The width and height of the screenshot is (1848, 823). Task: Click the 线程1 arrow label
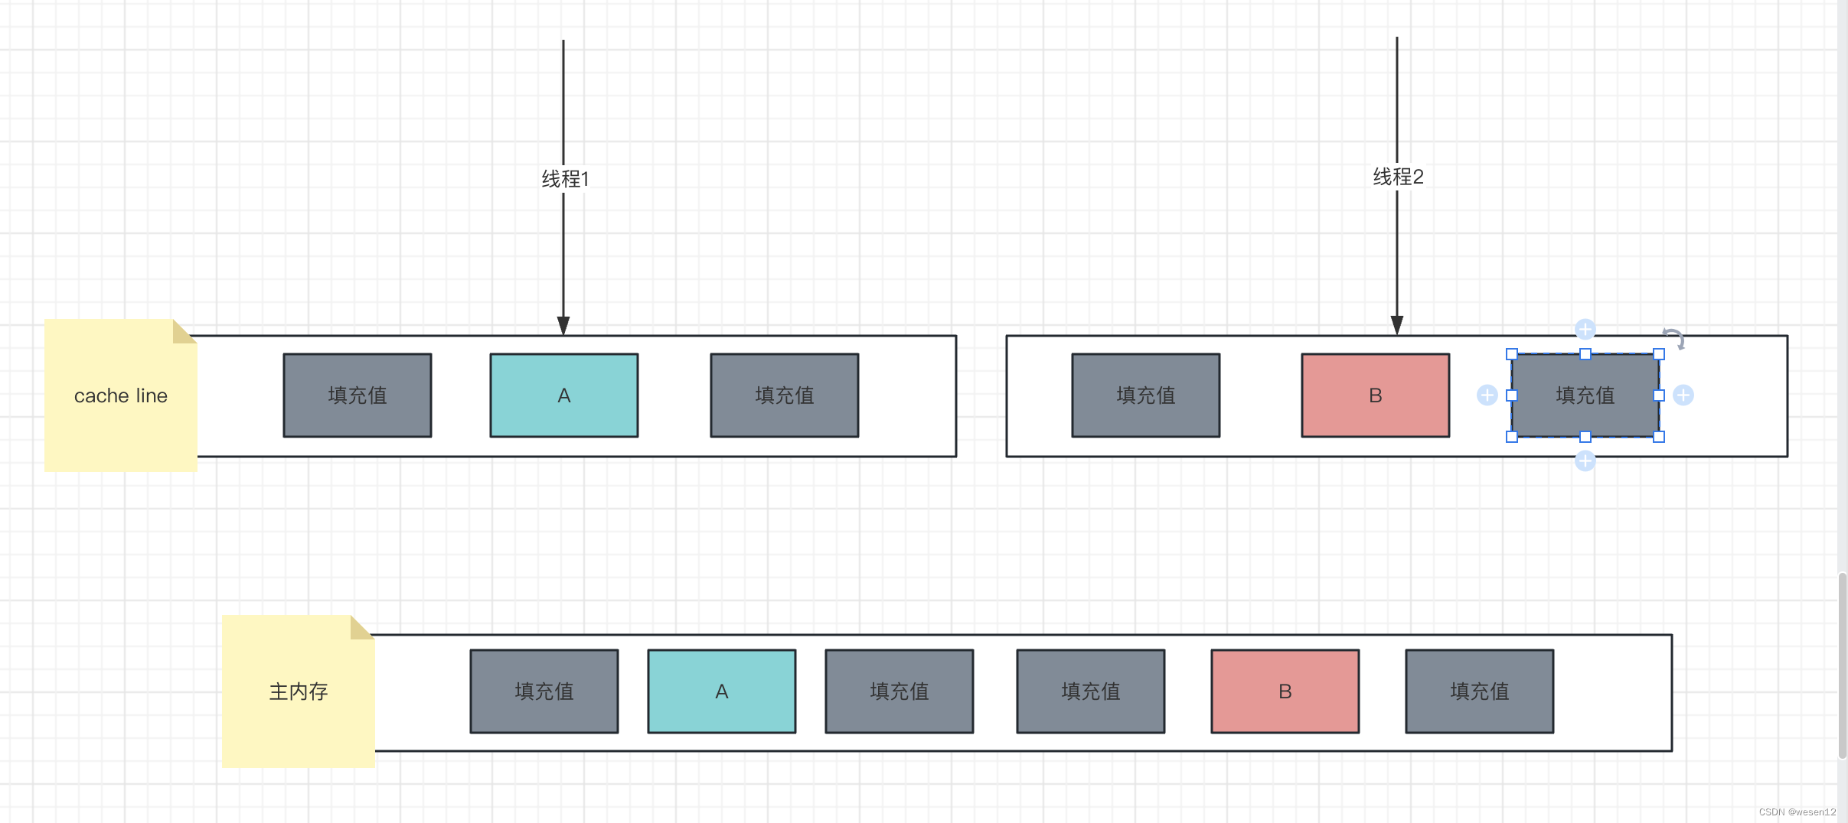[565, 179]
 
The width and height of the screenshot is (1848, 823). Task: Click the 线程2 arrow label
[1398, 177]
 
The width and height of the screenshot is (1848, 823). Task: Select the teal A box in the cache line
[564, 395]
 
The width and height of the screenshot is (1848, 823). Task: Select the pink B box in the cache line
[1375, 395]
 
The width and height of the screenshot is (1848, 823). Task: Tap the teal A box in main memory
[721, 691]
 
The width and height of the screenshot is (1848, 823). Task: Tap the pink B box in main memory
[1285, 691]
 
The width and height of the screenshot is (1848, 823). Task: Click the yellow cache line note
[120, 395]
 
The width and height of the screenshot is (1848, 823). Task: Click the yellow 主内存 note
[298, 691]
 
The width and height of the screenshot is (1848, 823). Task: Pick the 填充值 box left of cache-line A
[358, 395]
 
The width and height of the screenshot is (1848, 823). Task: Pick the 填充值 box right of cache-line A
[784, 395]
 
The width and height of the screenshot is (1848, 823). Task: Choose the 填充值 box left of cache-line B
[1145, 395]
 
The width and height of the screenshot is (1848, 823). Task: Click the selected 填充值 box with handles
[1585, 395]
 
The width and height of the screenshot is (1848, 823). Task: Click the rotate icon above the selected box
[1674, 338]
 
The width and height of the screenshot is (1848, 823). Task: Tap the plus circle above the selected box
[1585, 330]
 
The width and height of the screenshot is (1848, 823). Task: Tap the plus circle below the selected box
[1585, 461]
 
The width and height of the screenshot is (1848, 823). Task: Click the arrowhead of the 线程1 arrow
[563, 326]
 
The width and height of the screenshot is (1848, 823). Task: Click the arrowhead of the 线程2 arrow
[1397, 326]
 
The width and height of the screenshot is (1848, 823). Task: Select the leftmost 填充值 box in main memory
[544, 691]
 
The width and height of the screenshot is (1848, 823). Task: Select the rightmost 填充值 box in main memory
[1479, 691]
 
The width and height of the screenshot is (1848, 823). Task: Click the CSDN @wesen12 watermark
[1797, 812]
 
